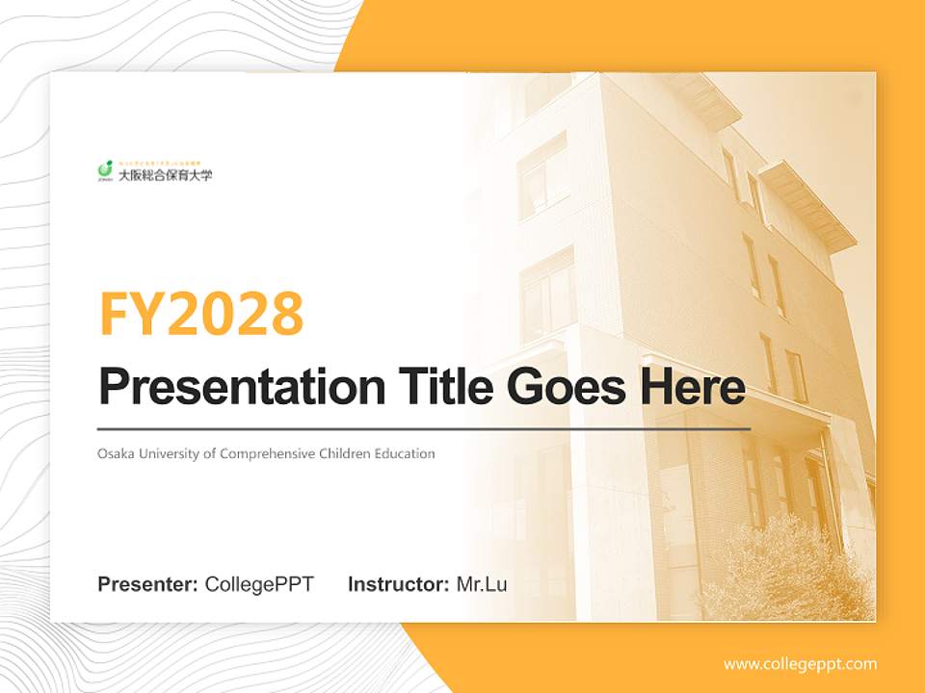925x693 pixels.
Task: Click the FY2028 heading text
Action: tap(201, 314)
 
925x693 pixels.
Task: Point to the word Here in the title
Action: tap(692, 387)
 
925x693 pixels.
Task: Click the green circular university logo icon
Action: tap(106, 170)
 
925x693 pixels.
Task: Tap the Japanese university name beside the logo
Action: tap(165, 175)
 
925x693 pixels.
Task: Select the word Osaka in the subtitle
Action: tap(115, 453)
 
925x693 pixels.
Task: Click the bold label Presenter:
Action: tap(148, 584)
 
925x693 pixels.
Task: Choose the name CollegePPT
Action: tap(259, 584)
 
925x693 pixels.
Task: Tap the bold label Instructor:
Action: tap(398, 584)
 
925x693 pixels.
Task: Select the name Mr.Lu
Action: tap(482, 584)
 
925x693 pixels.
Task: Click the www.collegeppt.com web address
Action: tap(800, 664)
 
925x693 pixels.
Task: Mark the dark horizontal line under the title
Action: tap(424, 428)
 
